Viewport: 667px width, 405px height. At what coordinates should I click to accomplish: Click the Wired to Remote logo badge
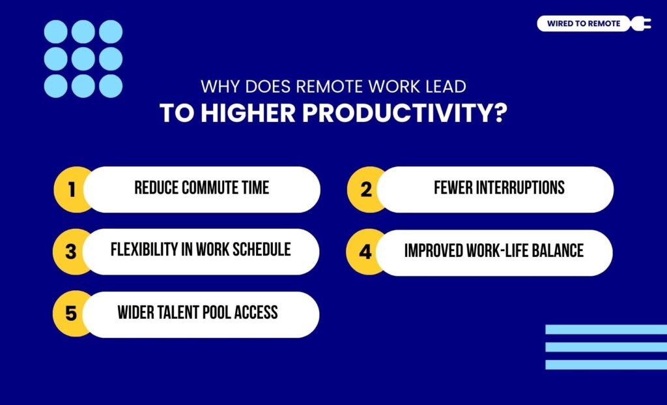tap(584, 24)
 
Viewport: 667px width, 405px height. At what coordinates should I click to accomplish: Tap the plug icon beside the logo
tap(641, 24)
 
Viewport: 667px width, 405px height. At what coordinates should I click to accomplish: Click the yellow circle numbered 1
tap(72, 190)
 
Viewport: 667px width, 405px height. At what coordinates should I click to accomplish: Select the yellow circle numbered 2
tap(365, 190)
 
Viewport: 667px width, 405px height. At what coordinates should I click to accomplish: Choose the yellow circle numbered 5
tap(72, 314)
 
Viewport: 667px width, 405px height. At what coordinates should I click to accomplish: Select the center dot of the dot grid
tap(83, 59)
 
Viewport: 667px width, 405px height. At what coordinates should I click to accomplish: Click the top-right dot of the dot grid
tap(111, 31)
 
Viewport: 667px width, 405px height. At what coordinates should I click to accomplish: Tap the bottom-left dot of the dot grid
tap(56, 86)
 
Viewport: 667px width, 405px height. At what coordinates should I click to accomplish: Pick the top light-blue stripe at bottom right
tap(606, 330)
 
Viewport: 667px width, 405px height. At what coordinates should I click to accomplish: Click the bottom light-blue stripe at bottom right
tap(606, 365)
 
